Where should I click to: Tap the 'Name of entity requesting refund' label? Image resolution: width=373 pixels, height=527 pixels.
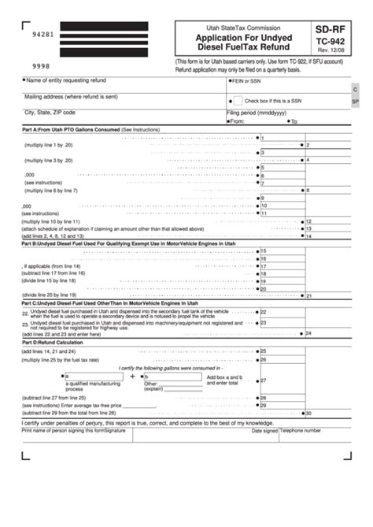[x=65, y=80]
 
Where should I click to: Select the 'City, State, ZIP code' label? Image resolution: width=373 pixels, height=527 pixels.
[x=52, y=113]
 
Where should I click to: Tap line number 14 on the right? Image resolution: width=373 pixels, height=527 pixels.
[x=308, y=236]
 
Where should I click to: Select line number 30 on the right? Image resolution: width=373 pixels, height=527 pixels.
[x=308, y=413]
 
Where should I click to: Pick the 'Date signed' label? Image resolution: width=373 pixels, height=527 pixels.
[x=265, y=431]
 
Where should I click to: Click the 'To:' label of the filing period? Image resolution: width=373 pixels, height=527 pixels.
[x=294, y=121]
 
